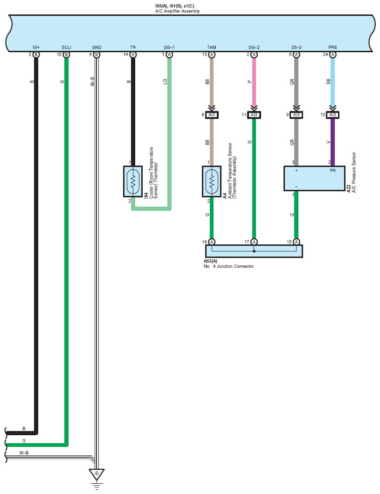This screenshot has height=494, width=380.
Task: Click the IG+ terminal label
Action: coord(36,47)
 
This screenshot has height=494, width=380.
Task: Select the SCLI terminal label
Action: coord(66,47)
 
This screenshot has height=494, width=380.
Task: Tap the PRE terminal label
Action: coord(332,47)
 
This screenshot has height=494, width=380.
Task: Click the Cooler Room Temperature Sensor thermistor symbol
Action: coord(133,182)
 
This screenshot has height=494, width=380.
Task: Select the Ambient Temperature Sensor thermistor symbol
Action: coord(212,182)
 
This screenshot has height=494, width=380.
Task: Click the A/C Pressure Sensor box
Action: coord(315,178)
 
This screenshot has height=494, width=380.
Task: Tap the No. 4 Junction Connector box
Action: coord(254,251)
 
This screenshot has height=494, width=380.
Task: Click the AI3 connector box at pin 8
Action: coord(212,115)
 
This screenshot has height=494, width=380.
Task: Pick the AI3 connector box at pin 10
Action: coord(332,115)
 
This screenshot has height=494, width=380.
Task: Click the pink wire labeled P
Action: coord(254,82)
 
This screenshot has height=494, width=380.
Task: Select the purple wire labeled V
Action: coord(332,142)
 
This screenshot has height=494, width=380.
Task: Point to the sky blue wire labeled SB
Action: coord(332,82)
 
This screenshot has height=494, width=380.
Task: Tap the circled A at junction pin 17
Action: coord(254,242)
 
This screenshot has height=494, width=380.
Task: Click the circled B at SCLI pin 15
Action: coord(66,55)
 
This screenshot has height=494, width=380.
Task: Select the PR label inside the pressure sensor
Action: coord(332,170)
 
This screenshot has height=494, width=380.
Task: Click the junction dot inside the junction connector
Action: coord(254,251)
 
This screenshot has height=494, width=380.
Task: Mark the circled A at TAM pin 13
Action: coord(212,55)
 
